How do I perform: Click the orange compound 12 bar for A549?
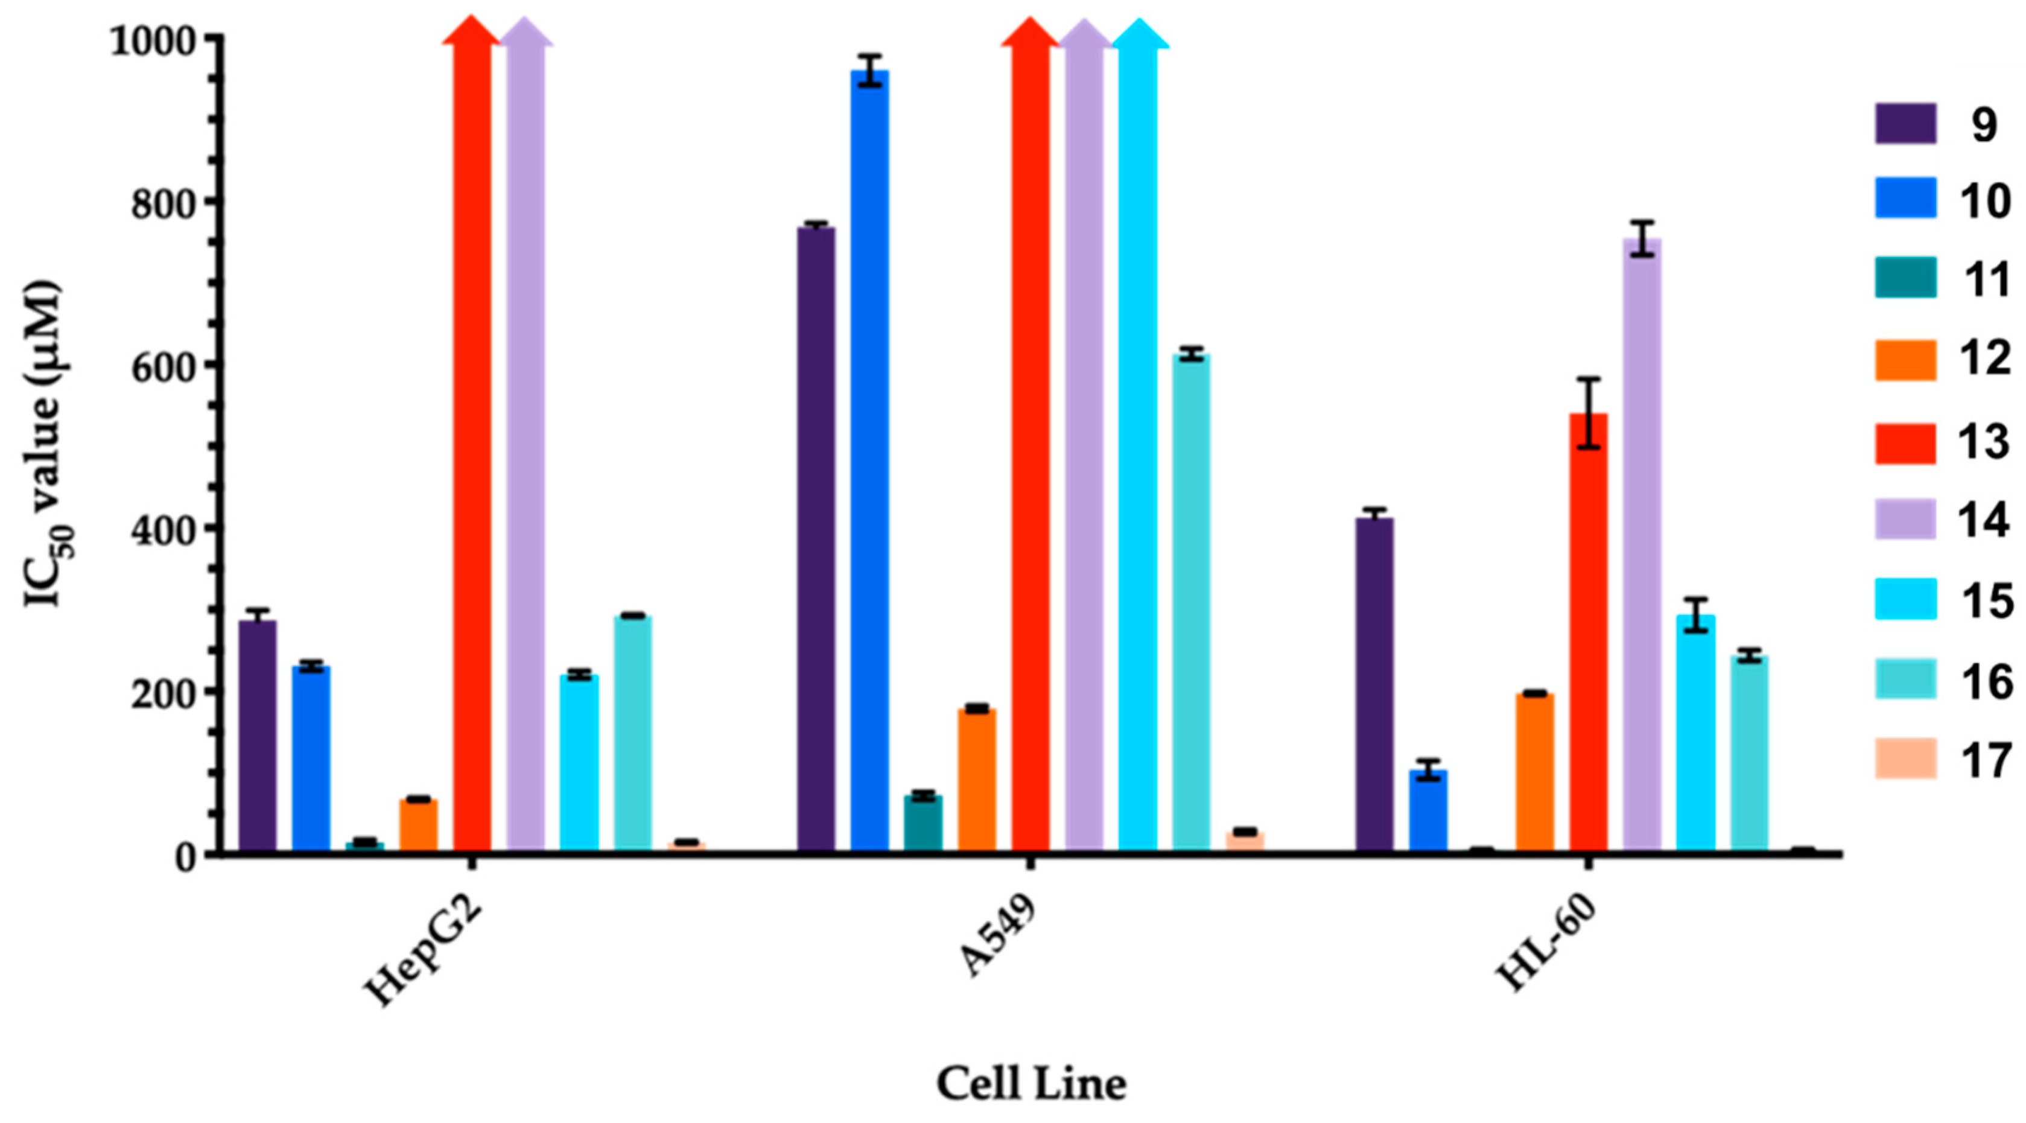click(x=977, y=779)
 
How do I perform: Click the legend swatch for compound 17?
click(x=1905, y=758)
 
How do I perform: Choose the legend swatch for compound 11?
click(x=1905, y=277)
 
